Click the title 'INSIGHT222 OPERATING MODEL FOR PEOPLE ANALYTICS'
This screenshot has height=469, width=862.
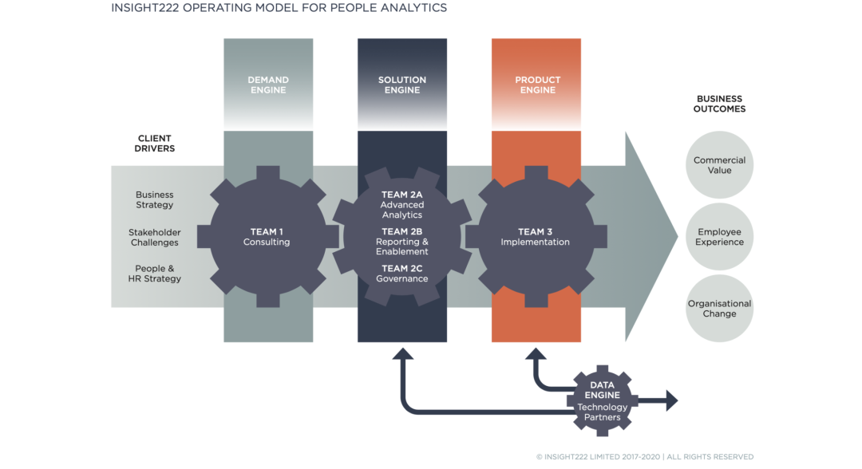point(279,8)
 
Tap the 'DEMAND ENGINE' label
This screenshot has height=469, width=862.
point(268,85)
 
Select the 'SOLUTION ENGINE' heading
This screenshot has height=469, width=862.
point(402,85)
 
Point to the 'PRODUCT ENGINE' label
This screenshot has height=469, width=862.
point(537,85)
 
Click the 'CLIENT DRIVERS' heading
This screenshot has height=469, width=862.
point(155,144)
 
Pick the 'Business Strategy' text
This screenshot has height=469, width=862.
point(155,200)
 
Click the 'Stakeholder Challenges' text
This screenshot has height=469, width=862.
point(155,238)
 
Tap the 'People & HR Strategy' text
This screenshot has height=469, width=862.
point(155,274)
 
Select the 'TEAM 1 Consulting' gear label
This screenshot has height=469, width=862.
point(267,237)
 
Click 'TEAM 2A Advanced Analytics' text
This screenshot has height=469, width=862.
point(401,205)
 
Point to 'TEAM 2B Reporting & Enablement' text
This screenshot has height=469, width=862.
point(401,242)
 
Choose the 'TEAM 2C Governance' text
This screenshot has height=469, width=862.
point(401,274)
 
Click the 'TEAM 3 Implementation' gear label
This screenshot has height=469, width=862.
point(536,237)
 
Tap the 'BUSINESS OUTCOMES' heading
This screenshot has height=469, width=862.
point(719,104)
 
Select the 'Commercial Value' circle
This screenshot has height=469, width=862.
point(719,165)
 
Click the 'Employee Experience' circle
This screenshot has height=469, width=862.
point(719,237)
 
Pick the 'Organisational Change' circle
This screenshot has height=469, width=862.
point(719,309)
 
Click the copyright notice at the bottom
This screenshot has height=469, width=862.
point(645,457)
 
